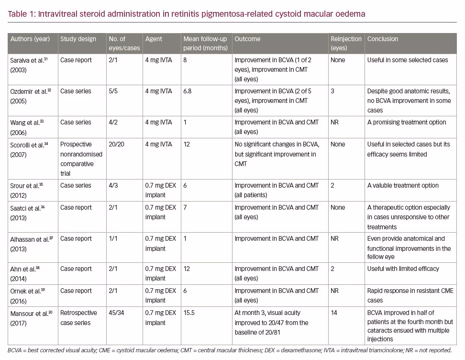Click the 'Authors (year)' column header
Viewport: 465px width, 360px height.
[30, 39]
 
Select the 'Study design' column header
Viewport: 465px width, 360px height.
[78, 39]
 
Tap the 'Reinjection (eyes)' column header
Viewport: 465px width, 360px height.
[346, 44]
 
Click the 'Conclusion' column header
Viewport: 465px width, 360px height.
[383, 39]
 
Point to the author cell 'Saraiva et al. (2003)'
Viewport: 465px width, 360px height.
[29, 65]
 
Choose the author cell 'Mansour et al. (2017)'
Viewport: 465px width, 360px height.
[32, 318]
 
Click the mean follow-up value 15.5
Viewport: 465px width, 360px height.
[189, 313]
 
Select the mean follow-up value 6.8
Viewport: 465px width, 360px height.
[188, 91]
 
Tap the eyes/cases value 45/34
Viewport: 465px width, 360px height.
[117, 313]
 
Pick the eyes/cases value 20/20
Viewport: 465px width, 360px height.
[117, 144]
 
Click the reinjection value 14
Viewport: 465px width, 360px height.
[334, 313]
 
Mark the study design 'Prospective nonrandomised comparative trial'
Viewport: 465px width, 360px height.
[81, 159]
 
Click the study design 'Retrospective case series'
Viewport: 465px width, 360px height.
[78, 317]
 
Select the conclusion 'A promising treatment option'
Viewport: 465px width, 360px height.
[407, 122]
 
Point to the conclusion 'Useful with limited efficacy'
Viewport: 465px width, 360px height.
[403, 269]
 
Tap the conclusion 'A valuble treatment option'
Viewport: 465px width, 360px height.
[403, 185]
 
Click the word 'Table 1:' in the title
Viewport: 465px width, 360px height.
[22, 14]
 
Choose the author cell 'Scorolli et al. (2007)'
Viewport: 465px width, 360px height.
[29, 150]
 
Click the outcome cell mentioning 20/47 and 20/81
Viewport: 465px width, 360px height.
[271, 323]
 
